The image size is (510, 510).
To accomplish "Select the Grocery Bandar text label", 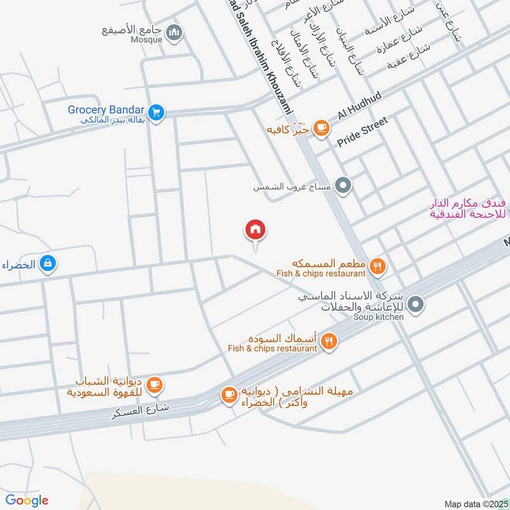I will tap(106, 110).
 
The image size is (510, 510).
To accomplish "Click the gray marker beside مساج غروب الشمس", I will tap(344, 186).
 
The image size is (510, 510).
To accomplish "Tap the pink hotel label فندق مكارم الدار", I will tap(469, 208).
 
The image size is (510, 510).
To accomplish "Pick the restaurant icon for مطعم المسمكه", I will tap(378, 268).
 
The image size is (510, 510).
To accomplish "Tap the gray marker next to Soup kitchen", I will tap(416, 305).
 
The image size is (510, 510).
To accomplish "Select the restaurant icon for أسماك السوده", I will tap(329, 342).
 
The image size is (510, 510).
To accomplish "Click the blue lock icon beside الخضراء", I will tap(47, 262).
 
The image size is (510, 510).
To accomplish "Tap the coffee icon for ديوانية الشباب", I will tap(154, 385).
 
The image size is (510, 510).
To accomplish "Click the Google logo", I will tap(26, 500).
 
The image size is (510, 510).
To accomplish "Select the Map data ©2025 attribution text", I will tap(475, 504).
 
